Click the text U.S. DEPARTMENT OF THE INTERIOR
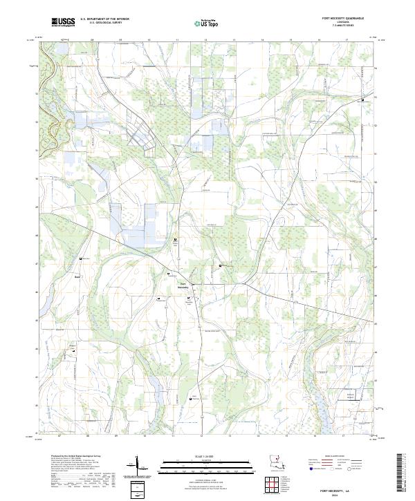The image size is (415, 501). pos(104,19)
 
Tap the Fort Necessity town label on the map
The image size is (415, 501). pos(183,285)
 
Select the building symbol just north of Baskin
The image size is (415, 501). pos(81,258)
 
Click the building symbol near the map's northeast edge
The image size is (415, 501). pos(363,101)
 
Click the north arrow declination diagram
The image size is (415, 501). pos(136,466)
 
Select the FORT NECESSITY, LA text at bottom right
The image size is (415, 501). pos(353,489)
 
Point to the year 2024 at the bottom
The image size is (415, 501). pos(353,495)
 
